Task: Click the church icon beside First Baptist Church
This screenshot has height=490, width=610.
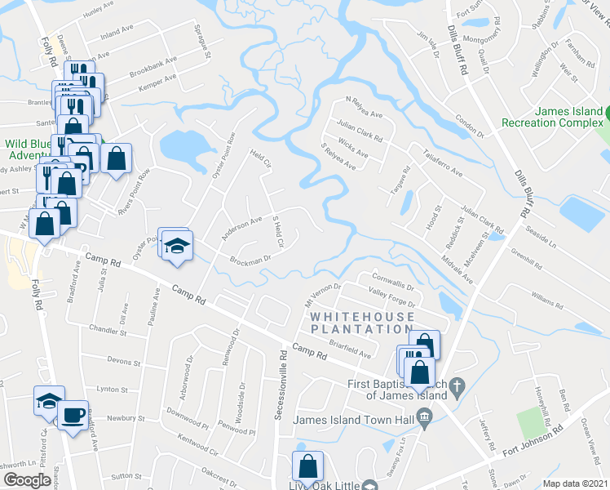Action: [457, 384]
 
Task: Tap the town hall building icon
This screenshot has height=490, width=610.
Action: [424, 419]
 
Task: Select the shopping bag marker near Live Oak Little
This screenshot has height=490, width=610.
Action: [308, 467]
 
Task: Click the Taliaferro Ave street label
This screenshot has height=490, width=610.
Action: [443, 163]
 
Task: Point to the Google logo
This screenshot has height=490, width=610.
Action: [26, 480]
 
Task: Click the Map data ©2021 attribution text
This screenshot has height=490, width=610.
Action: [575, 483]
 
